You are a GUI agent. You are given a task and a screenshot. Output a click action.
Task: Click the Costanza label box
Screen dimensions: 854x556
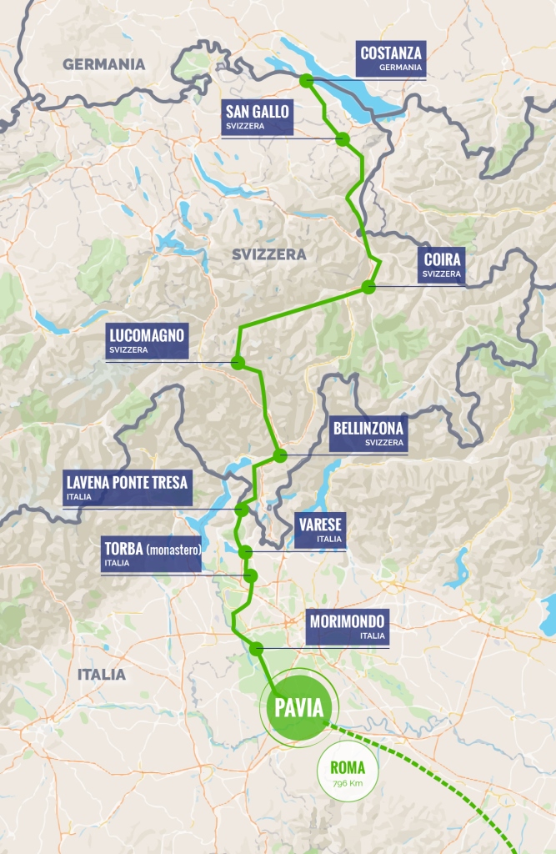pos(390,60)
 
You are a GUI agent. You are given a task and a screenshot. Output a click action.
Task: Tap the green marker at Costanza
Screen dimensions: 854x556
pos(307,81)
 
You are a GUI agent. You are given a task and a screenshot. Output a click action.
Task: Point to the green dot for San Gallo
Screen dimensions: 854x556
pos(342,139)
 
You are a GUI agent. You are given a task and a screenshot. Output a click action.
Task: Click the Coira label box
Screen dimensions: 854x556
pos(441,266)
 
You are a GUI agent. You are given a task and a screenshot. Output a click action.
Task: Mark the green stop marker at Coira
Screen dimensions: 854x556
pos(368,288)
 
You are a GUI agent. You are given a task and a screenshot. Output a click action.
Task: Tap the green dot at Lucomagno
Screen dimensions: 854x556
pos(238,363)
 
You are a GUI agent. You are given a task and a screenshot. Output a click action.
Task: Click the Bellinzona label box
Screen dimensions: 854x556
pos(368,435)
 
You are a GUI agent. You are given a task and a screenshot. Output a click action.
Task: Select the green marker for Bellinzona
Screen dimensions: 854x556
pos(280,455)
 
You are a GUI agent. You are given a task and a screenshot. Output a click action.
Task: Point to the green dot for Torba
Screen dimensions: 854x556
pos(250,575)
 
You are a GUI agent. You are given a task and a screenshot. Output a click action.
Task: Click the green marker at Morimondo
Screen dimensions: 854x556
pos(257,649)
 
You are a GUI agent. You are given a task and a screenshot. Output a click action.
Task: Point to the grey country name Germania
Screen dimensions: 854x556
pos(103,64)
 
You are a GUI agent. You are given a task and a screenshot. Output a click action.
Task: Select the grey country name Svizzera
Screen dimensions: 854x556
pos(269,254)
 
